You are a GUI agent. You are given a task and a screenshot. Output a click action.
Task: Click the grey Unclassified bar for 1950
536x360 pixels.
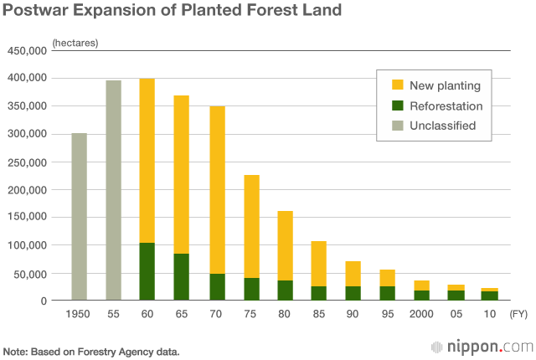(79, 217)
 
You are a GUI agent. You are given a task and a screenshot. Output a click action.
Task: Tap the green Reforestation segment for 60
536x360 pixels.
(147, 271)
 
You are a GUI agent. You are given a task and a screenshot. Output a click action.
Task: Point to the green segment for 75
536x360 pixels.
(250, 289)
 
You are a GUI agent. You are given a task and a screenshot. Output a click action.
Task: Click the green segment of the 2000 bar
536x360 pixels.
(422, 295)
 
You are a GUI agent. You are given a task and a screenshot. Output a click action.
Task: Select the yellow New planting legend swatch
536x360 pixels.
(398, 85)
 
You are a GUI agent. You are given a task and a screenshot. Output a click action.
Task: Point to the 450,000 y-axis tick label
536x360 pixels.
(27, 50)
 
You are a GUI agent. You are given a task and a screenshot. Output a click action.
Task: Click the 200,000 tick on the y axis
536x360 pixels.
(27, 189)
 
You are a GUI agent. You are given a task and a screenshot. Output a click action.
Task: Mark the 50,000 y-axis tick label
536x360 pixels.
(30, 273)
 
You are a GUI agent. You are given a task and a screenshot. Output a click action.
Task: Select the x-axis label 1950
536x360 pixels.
(79, 314)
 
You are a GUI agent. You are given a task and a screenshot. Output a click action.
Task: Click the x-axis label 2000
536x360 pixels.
(422, 314)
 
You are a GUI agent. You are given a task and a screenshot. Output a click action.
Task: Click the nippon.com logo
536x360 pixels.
(482, 346)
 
